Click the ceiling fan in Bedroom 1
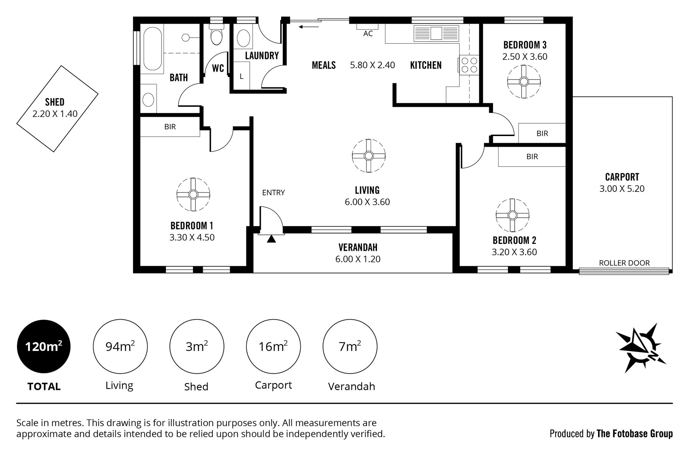193,195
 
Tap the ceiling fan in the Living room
369,156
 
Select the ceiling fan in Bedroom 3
524,82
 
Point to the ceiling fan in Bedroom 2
513,215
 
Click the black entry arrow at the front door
271,239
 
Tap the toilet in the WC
216,34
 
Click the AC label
368,34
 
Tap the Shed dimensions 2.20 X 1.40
55,114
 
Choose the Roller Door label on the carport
624,263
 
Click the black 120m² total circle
44,346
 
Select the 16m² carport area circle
273,346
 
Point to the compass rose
641,348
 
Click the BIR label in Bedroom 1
170,127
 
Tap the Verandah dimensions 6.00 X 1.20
358,259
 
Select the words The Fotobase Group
635,434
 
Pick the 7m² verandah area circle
350,346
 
